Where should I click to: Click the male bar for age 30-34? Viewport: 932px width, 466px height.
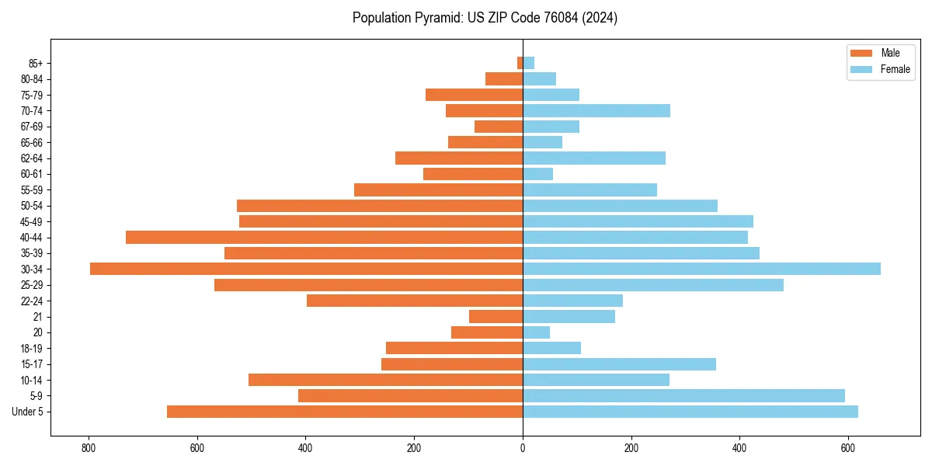pyautogui.click(x=306, y=269)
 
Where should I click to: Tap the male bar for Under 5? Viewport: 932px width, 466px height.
pyautogui.click(x=345, y=412)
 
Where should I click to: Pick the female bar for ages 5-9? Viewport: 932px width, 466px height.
pyautogui.click(x=683, y=396)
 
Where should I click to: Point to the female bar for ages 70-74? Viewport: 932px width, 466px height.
pyautogui.click(x=596, y=111)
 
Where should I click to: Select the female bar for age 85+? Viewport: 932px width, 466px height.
pyautogui.click(x=528, y=63)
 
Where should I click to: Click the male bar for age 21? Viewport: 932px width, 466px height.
pyautogui.click(x=496, y=317)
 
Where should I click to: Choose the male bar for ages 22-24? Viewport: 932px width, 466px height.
pyautogui.click(x=415, y=301)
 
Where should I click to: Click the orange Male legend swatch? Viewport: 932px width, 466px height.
pyautogui.click(x=861, y=53)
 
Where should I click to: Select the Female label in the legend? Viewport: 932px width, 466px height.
pyautogui.click(x=895, y=69)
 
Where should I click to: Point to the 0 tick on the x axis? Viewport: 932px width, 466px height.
pyautogui.click(x=523, y=448)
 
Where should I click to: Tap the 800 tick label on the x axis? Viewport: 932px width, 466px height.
pyautogui.click(x=89, y=448)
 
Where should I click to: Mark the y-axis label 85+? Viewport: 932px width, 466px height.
pyautogui.click(x=36, y=63)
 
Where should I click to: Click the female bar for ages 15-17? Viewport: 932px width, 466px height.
pyautogui.click(x=619, y=364)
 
